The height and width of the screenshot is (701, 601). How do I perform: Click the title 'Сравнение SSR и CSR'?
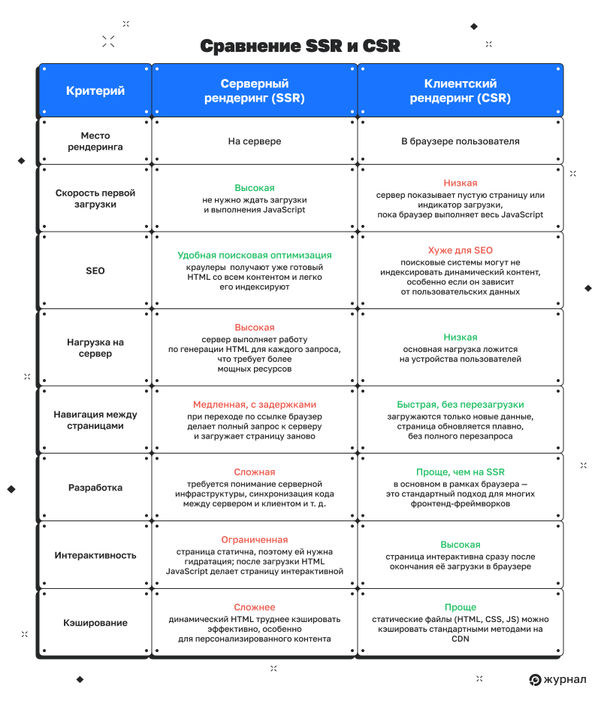[x=300, y=46]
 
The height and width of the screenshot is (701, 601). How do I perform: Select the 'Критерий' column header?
[x=95, y=91]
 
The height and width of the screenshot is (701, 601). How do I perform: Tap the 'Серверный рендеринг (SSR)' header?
[x=255, y=91]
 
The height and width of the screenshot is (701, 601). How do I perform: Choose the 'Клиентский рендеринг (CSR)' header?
[x=461, y=91]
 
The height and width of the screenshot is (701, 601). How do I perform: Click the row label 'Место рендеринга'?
[x=95, y=141]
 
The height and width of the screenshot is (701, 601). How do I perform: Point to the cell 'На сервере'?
[x=255, y=141]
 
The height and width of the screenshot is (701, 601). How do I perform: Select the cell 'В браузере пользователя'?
[x=461, y=141]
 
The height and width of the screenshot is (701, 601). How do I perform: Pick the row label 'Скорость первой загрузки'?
[x=95, y=199]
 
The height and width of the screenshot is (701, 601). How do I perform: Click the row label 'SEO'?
[x=95, y=271]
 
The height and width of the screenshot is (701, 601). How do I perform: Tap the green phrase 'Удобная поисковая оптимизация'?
[x=255, y=255]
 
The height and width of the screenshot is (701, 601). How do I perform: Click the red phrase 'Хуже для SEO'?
[x=461, y=250]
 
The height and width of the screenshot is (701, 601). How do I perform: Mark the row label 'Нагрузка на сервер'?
[x=95, y=347]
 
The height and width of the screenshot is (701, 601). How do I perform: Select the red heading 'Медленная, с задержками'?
[x=255, y=405]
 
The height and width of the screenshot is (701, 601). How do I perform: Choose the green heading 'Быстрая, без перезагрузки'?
[x=461, y=405]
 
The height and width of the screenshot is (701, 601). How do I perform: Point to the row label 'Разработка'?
[x=95, y=487]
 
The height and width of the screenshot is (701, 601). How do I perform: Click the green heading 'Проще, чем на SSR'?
[x=461, y=472]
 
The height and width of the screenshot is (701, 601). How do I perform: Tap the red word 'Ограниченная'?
[x=255, y=540]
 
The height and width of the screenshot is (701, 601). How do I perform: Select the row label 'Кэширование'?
[x=95, y=623]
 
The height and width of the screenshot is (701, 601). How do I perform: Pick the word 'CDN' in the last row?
[x=461, y=639]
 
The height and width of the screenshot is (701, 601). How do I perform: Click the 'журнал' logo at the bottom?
[x=557, y=679]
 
